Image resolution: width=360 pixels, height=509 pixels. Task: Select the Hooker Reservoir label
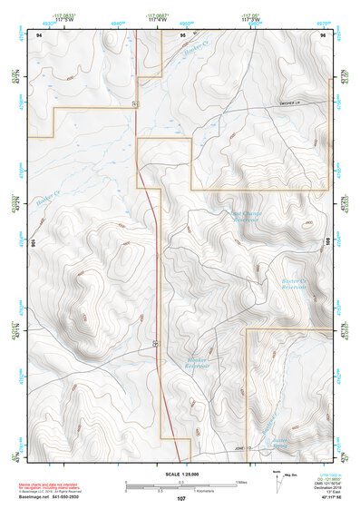tap(197, 362)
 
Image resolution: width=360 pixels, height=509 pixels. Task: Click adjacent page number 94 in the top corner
tap(39, 34)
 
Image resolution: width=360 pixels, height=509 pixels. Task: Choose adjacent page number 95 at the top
tap(182, 34)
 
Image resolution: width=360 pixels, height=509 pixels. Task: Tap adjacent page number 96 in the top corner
tap(322, 34)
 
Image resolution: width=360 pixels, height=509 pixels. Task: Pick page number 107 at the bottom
tap(180, 499)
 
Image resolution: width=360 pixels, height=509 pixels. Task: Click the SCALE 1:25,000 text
tap(180, 474)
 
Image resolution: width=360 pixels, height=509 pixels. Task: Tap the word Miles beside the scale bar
tap(241, 482)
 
